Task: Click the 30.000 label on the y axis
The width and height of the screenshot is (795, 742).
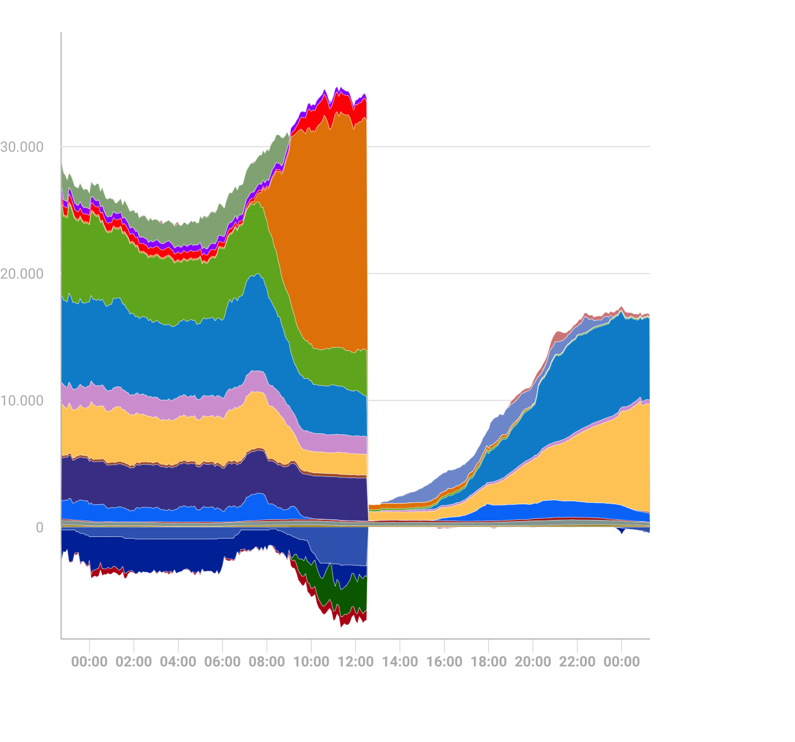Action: click(22, 147)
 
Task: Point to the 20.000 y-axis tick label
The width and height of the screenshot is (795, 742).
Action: click(22, 274)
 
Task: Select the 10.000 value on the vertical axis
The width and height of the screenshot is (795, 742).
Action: click(22, 400)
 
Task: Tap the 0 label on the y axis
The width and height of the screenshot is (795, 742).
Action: click(39, 528)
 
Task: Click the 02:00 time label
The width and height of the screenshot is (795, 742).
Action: click(134, 661)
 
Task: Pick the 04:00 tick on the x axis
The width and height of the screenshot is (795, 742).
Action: click(178, 661)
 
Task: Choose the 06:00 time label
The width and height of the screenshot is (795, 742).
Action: click(222, 661)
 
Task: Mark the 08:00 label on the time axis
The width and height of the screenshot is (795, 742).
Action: click(267, 661)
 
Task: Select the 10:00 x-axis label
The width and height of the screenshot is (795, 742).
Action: click(311, 661)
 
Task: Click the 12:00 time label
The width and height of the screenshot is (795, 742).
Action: click(355, 661)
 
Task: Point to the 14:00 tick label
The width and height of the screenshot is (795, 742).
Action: click(400, 661)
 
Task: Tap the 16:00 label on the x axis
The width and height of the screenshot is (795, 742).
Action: click(444, 661)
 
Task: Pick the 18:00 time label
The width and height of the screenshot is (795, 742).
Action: click(488, 661)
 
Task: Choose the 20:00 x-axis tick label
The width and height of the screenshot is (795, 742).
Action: click(533, 661)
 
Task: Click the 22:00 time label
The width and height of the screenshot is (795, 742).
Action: click(577, 661)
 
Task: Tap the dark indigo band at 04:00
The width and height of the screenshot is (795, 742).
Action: click(178, 485)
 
